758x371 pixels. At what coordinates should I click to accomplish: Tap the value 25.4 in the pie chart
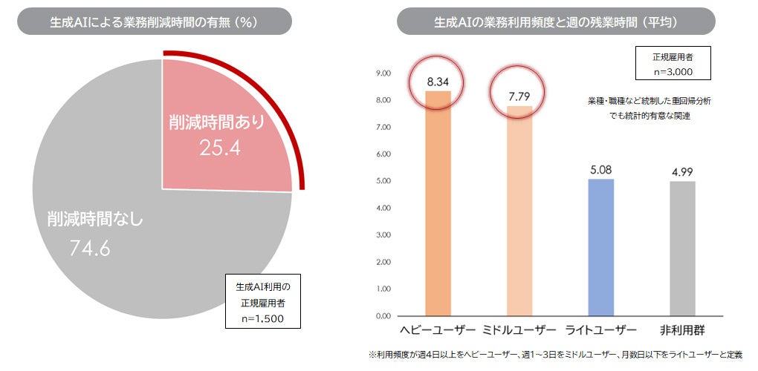click(x=219, y=148)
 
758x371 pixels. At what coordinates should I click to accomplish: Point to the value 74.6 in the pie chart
click(x=90, y=249)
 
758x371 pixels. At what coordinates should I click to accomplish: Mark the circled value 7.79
click(x=519, y=96)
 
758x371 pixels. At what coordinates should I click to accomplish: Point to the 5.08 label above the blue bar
click(x=600, y=169)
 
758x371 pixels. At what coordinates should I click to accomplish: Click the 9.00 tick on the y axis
click(x=383, y=73)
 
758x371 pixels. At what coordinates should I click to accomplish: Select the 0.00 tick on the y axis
click(x=383, y=316)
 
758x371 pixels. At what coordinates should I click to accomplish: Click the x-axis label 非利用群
click(x=682, y=330)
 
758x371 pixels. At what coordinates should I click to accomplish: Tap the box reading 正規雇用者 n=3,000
click(x=673, y=63)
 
